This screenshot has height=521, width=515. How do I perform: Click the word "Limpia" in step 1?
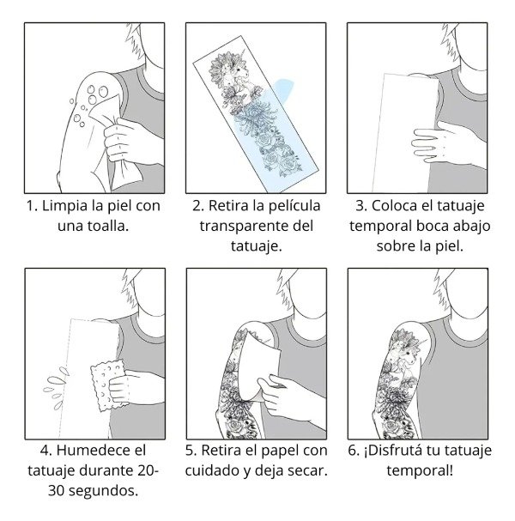[x=66, y=207]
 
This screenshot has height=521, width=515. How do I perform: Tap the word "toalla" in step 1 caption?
[x=115, y=227]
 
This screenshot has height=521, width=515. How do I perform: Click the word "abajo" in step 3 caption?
[x=459, y=227]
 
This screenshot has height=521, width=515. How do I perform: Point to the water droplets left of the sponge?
[x=57, y=384]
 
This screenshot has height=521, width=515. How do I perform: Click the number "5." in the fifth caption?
[x=192, y=451]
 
